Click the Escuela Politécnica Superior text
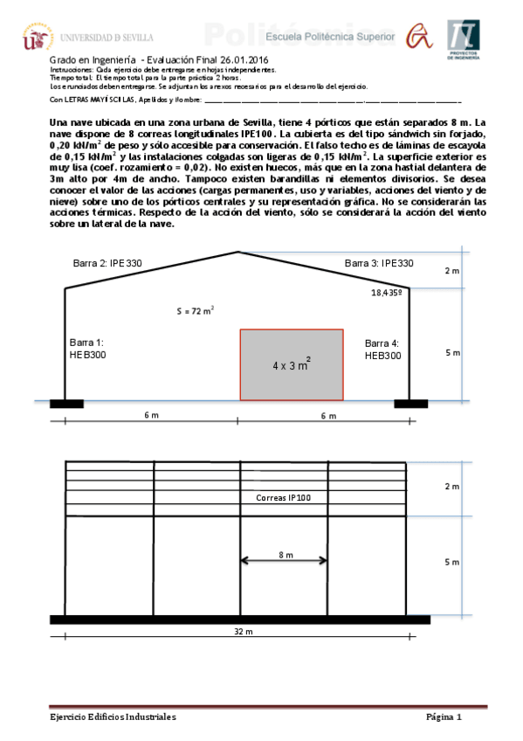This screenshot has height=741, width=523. pyautogui.click(x=330, y=37)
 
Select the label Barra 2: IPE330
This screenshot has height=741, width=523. pyautogui.click(x=108, y=262)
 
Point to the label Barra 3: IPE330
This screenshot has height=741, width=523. pyautogui.click(x=379, y=262)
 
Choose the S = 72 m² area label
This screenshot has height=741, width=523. pyautogui.click(x=196, y=310)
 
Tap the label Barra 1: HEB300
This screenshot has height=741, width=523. pyautogui.click(x=87, y=350)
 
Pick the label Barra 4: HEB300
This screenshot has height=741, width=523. pyautogui.click(x=382, y=350)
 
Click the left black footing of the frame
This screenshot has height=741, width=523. pyautogui.click(x=65, y=403)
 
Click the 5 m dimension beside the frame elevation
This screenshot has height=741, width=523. pyautogui.click(x=452, y=352)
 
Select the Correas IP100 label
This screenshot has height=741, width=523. pyautogui.click(x=284, y=497)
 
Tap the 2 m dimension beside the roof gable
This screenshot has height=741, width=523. pyautogui.click(x=452, y=270)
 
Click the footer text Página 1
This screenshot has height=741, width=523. pyautogui.click(x=444, y=717)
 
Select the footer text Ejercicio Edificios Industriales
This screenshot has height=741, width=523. pyautogui.click(x=113, y=717)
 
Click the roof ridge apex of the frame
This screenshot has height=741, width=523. pyautogui.click(x=237, y=253)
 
